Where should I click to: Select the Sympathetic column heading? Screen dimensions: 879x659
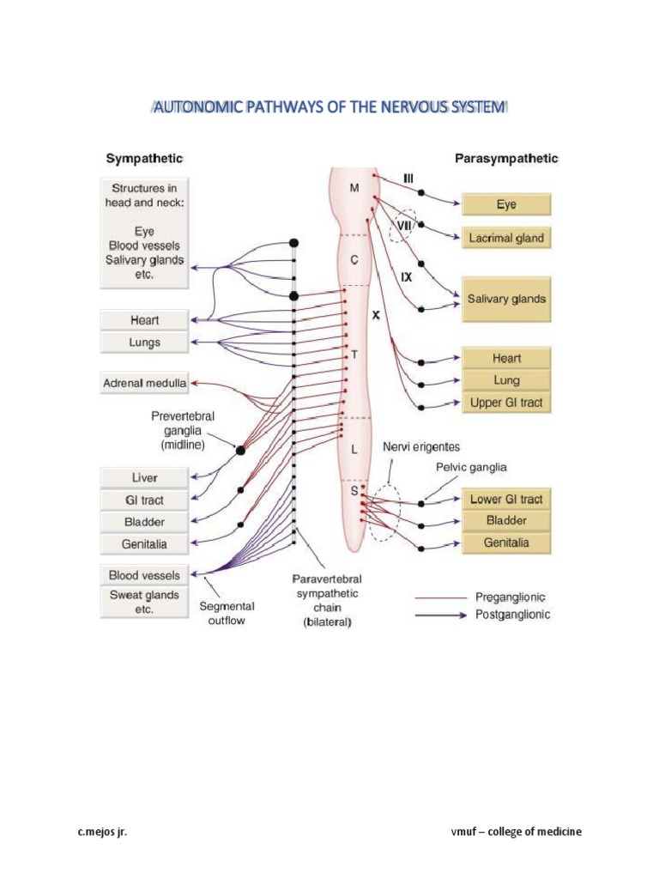click(x=143, y=159)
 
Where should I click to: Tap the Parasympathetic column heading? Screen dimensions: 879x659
click(x=505, y=159)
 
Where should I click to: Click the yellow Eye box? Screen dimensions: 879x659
click(x=506, y=205)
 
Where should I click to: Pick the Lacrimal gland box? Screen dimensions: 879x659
click(x=506, y=238)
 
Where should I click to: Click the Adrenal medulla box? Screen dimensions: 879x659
click(x=144, y=382)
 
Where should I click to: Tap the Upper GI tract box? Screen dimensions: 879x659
click(x=506, y=402)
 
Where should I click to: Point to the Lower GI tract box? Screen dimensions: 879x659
click(x=506, y=499)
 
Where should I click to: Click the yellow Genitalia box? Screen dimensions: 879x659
click(x=506, y=543)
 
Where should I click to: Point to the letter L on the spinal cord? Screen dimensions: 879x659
click(x=354, y=449)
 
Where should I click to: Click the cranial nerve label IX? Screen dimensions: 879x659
click(x=407, y=277)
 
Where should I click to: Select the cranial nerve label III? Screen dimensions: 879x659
click(x=408, y=178)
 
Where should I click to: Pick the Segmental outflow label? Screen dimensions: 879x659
click(x=227, y=612)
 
